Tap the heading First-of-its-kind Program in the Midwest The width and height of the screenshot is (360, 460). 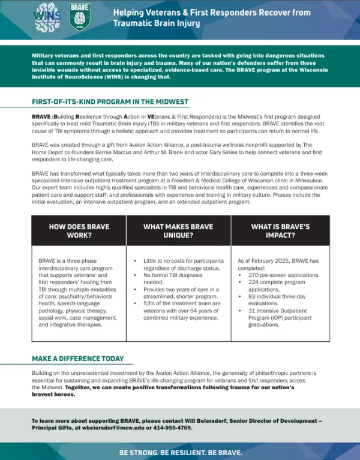[110, 102]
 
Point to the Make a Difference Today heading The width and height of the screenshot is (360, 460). [78, 359]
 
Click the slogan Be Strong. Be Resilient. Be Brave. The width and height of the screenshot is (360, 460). [179, 452]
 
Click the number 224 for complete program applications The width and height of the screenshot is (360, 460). [253, 281]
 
